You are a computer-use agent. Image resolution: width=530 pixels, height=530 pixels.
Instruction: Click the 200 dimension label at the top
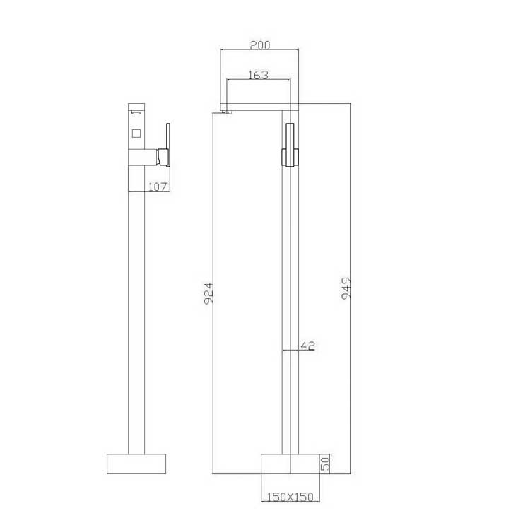tap(259, 45)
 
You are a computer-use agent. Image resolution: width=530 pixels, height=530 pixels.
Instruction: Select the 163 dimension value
tap(257, 74)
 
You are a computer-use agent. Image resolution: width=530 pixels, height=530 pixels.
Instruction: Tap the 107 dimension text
tap(158, 187)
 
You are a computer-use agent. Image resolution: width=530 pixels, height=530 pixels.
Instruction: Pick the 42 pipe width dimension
tap(307, 346)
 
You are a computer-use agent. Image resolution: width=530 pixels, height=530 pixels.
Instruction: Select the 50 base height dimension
tap(326, 464)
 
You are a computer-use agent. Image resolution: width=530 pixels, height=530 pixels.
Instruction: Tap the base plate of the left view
tap(136, 464)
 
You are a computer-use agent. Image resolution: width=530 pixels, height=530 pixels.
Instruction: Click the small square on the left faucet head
tap(136, 132)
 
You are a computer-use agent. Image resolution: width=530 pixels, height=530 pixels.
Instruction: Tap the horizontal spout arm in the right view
tap(261, 107)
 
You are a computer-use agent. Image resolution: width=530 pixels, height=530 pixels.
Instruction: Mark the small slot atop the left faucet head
tap(136, 111)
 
